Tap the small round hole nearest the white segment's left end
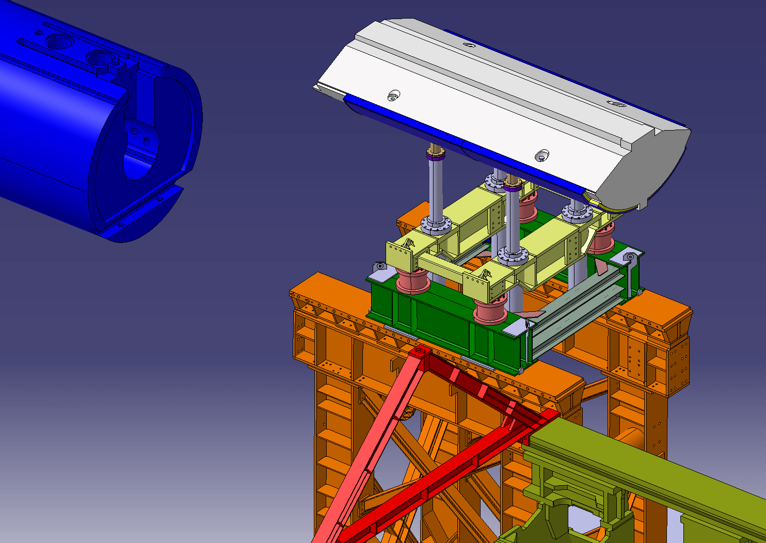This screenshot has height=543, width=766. (394, 95)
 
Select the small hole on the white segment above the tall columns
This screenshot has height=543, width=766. (541, 155)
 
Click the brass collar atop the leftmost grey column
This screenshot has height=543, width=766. (437, 153)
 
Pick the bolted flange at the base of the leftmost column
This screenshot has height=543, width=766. (436, 225)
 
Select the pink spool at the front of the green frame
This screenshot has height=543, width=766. (490, 310)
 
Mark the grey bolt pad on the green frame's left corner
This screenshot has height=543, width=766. (380, 266)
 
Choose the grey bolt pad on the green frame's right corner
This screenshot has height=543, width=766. (629, 257)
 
